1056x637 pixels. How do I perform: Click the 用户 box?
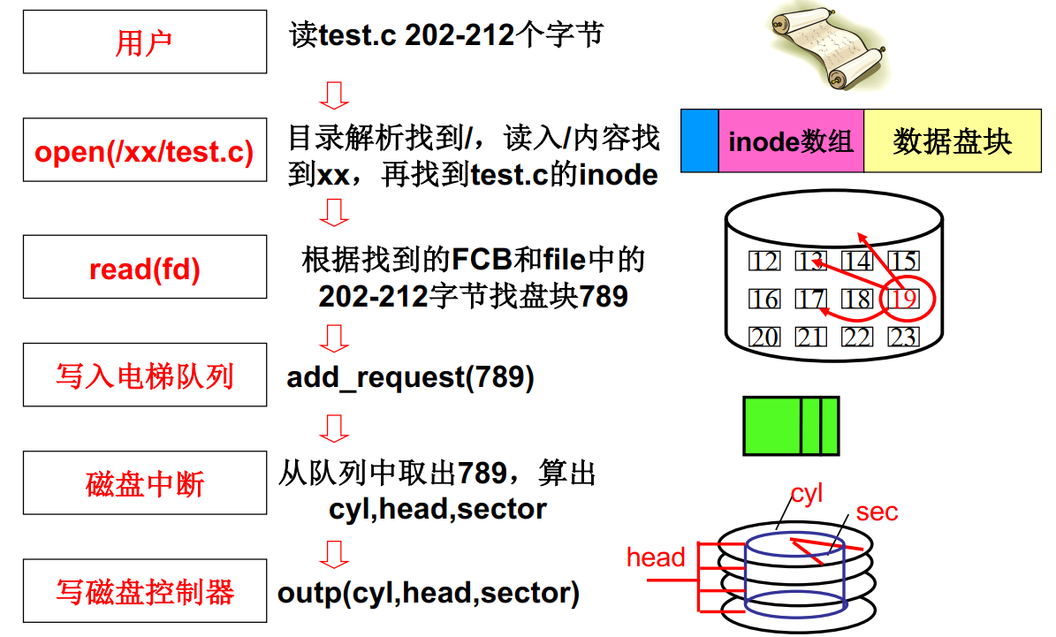(144, 42)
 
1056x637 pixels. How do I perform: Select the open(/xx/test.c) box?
(144, 151)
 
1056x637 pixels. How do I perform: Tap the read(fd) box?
(144, 268)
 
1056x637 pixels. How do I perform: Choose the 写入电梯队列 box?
(144, 376)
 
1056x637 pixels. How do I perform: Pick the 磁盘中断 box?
(144, 483)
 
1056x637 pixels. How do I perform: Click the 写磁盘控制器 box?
(144, 591)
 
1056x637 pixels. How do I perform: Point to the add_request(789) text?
(410, 377)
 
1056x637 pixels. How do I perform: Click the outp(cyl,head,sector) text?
(429, 592)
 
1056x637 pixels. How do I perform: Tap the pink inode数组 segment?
(791, 141)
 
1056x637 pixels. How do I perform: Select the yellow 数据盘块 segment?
(952, 141)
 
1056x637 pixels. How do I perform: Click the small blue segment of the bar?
(699, 141)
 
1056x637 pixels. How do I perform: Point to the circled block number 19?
(903, 299)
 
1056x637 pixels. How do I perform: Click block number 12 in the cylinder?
(764, 262)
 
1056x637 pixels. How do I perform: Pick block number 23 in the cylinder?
(903, 337)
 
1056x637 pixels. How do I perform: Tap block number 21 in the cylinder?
(810, 337)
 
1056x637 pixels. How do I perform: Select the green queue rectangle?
(791, 425)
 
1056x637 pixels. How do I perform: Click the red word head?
(656, 557)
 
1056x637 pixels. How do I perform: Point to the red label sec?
(877, 512)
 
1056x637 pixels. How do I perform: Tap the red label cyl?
(806, 493)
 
